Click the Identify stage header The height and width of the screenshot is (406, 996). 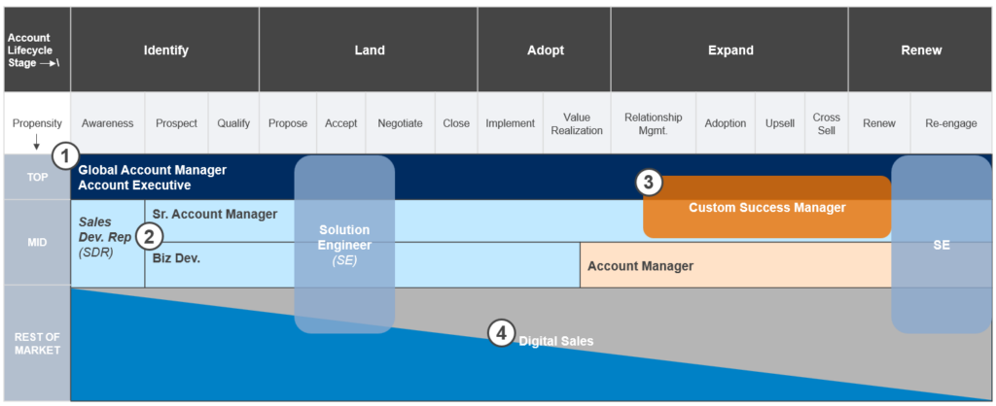pos(165,51)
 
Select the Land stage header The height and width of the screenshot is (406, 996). pos(369,51)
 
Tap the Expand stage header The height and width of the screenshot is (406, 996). pos(729,51)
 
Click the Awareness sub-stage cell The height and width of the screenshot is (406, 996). pos(107,123)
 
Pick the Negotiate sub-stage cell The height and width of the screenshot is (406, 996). pos(400,123)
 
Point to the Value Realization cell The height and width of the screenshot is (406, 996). pos(577,123)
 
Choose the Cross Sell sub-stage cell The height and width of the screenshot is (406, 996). pos(826,123)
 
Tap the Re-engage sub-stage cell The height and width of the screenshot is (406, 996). pos(952,123)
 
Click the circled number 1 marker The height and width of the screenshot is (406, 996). pos(65,156)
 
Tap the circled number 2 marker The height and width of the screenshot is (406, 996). pos(149,235)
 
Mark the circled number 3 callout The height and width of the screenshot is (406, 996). pos(649,182)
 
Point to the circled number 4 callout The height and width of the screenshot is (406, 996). pos(500,334)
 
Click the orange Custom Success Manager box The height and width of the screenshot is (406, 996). pos(766,208)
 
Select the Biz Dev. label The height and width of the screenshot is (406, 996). pos(176,258)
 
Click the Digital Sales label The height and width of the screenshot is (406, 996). pos(555,341)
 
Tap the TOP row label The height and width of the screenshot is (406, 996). pos(35,178)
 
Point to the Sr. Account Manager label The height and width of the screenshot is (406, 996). pos(215,214)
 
